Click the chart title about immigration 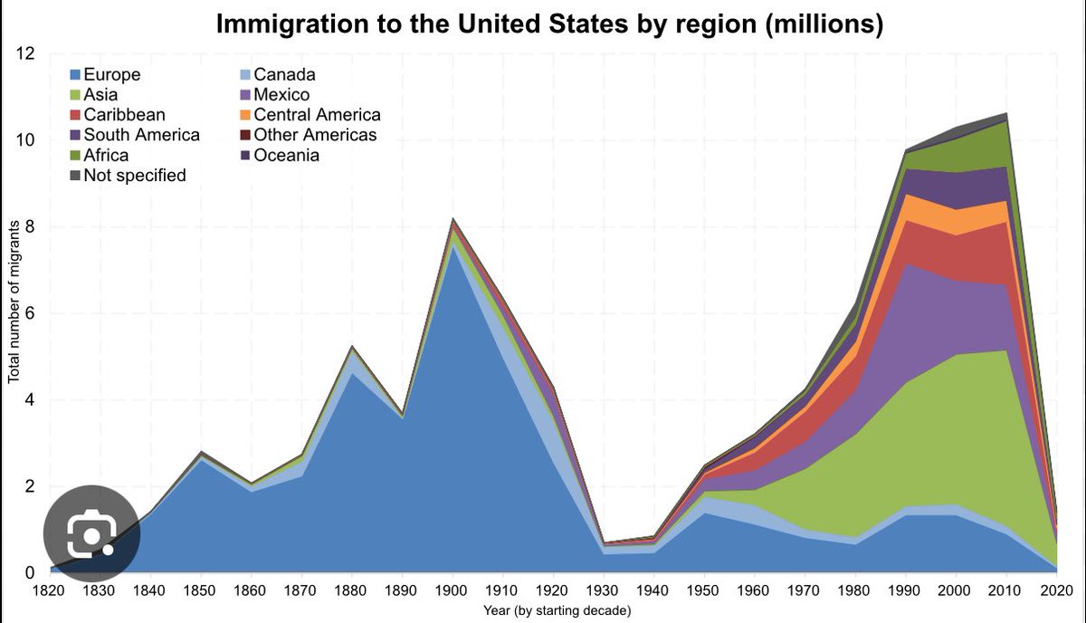[549, 24]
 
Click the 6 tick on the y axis [30, 313]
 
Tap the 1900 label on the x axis [453, 591]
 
